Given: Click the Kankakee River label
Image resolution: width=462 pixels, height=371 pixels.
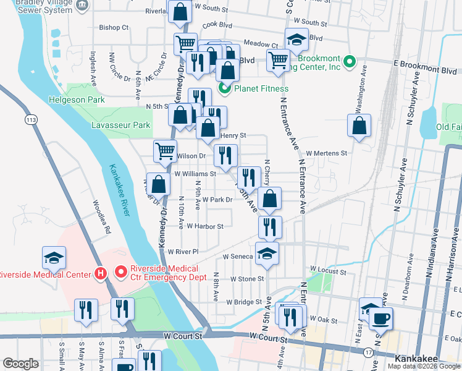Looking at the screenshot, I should tap(121, 190).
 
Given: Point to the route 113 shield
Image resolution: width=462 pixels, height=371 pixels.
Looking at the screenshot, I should tap(29, 117).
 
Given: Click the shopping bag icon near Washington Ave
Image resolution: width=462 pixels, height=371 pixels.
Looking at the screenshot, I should tap(359, 126).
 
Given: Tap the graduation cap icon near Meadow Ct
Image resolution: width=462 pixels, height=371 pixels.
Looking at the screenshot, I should tap(296, 40).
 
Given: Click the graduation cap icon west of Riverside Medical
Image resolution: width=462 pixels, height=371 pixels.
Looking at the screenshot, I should tap(54, 257).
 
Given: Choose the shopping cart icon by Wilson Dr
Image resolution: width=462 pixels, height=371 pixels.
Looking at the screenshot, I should tap(166, 150).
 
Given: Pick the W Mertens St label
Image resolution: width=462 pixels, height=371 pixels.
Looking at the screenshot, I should tap(327, 153).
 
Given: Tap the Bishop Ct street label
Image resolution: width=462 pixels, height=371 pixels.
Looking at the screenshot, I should tap(114, 27).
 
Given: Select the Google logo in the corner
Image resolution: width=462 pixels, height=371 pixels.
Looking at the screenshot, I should tap(20, 364).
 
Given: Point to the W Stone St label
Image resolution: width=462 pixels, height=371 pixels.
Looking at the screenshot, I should tap(247, 279).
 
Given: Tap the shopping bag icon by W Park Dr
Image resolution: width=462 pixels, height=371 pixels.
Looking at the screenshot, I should tap(269, 198).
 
